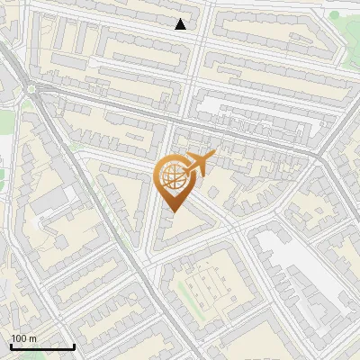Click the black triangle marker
pyautogui.click(x=181, y=24)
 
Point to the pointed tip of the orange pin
pyautogui.click(x=171, y=212)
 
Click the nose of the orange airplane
pyautogui.click(x=216, y=155)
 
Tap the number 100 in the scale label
pyautogui.click(x=20, y=338)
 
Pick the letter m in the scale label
pyautogui.click(x=32, y=338)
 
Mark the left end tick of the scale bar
pyautogui.click(x=10, y=345)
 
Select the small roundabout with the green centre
pyautogui.click(x=32, y=87)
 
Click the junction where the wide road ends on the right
pyautogui.click(x=319, y=156)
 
